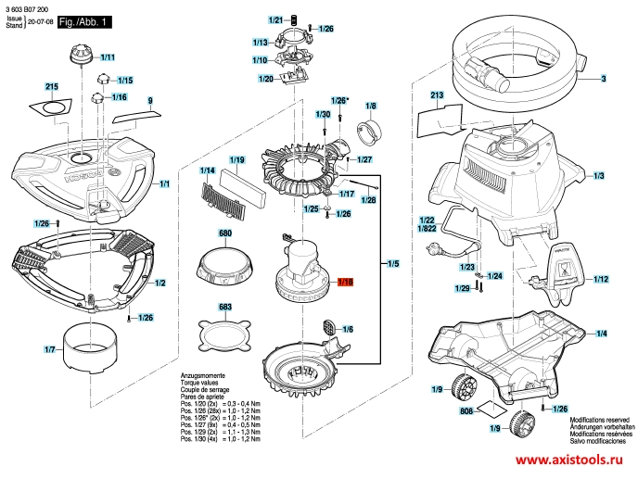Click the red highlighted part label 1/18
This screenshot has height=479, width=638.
pyautogui.click(x=346, y=282)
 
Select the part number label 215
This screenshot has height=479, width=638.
pyautogui.click(x=52, y=86)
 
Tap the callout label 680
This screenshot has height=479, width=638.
pyautogui.click(x=224, y=233)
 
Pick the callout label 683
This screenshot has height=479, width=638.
pyautogui.click(x=224, y=306)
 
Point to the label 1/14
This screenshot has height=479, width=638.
pyautogui.click(x=207, y=171)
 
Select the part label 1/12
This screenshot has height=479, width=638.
pyautogui.click(x=600, y=279)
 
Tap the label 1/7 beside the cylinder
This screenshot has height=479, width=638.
pyautogui.click(x=50, y=349)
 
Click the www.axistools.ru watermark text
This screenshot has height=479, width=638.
pyautogui.click(x=569, y=460)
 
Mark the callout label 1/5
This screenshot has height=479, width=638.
pyautogui.click(x=393, y=265)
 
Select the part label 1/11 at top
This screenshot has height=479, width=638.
pyautogui.click(x=107, y=57)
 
